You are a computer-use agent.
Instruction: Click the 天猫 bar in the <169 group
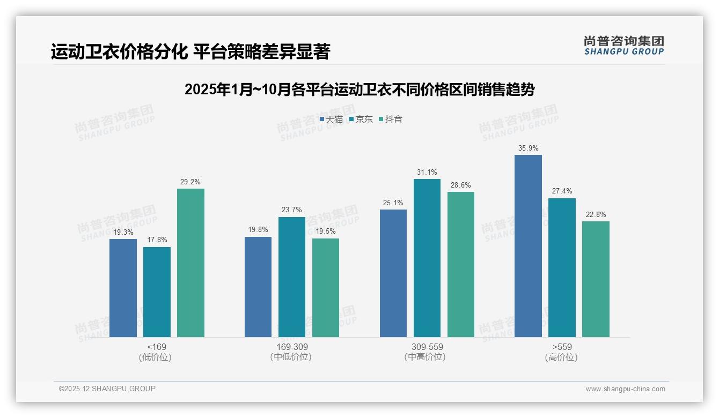123,288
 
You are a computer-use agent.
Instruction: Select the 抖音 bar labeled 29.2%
190,263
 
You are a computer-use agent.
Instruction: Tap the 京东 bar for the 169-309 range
291,277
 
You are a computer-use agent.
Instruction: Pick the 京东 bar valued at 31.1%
427,258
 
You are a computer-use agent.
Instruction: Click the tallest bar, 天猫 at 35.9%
528,246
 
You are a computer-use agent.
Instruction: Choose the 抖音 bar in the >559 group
596,279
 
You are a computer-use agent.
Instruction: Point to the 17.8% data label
157,240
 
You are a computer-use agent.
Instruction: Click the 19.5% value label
326,231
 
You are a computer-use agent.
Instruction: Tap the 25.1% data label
393,203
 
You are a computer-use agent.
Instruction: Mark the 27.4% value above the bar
562,191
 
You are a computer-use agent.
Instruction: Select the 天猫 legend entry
331,120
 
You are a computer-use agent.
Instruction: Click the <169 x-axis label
157,347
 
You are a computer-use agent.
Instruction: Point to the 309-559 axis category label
427,347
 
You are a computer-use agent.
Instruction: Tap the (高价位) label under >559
562,357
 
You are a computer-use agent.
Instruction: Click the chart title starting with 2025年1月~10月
359,89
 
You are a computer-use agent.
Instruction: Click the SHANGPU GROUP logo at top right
623,46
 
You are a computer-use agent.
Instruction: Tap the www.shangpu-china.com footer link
625,389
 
